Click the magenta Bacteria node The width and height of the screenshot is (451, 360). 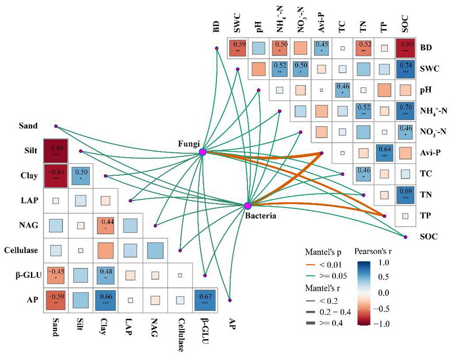click(247, 206)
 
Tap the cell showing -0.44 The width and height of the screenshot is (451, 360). click(105, 225)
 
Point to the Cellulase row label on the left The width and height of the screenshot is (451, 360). click(20, 250)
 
